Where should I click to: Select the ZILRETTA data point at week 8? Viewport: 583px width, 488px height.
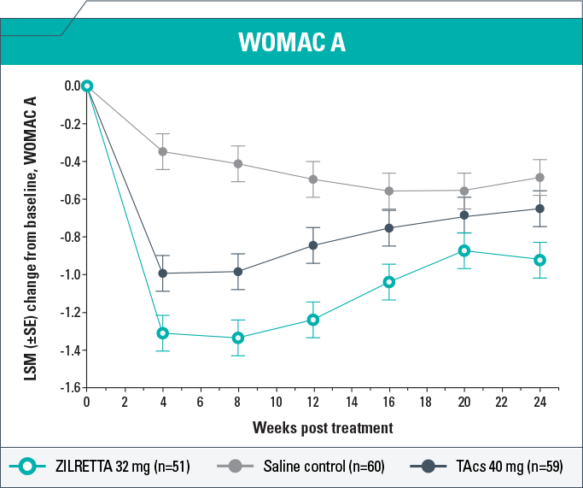(x=238, y=338)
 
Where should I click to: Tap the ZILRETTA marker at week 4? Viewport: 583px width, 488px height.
(x=162, y=332)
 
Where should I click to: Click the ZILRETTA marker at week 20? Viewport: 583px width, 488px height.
(x=464, y=250)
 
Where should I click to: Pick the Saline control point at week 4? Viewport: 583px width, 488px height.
(x=162, y=151)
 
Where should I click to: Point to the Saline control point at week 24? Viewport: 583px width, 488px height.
(x=539, y=178)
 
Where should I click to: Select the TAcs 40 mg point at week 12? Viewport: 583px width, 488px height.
(x=313, y=245)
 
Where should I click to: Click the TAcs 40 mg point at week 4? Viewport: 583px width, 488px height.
(x=162, y=273)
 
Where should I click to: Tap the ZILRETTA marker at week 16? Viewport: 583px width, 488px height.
(x=389, y=282)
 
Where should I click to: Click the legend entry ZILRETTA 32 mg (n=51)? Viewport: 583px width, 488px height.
(x=120, y=466)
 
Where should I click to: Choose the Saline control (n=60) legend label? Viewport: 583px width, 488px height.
(x=313, y=466)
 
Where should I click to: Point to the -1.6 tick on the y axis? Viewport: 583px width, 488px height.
(x=68, y=388)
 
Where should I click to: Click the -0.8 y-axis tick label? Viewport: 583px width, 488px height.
(x=68, y=237)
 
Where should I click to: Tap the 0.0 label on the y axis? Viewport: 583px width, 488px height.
(x=70, y=86)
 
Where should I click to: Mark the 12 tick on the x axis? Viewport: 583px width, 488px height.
(x=313, y=401)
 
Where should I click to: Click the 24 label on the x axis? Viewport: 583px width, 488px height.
(x=539, y=401)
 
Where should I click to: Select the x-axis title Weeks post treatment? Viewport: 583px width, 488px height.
(x=323, y=426)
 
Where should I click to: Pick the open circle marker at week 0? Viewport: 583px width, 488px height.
(x=86, y=85)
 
